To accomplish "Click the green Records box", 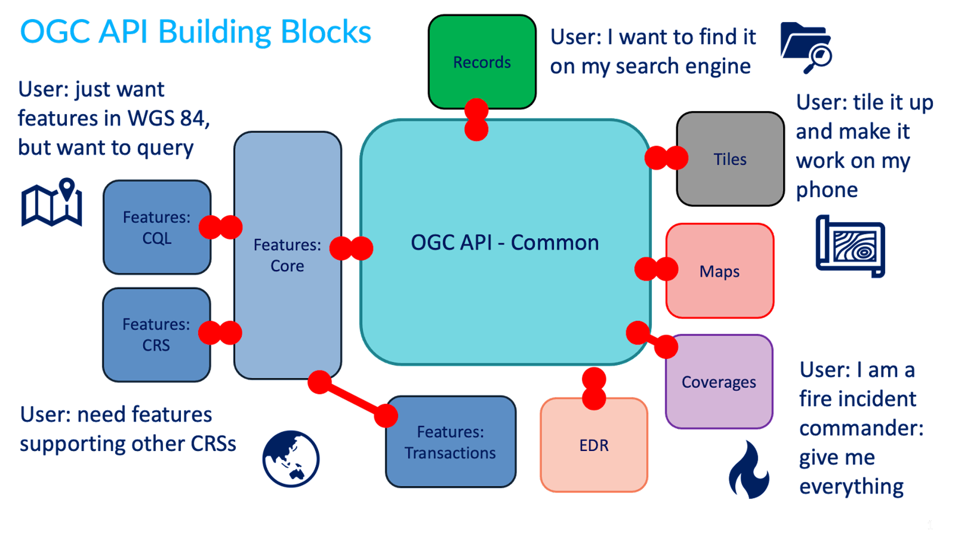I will (481, 62).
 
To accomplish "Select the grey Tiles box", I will (730, 159).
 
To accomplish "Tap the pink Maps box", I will (719, 271).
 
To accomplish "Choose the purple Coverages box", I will (719, 382).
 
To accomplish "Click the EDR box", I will (594, 445).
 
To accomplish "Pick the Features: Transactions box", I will (450, 442).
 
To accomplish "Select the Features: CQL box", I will (156, 227).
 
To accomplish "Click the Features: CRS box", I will (156, 334).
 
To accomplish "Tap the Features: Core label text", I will (287, 255).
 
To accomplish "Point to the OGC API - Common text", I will (504, 242).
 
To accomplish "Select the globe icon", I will (291, 459).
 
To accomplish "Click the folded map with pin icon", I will (51, 203).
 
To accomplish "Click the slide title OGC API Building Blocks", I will (195, 32).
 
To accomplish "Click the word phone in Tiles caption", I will (827, 190).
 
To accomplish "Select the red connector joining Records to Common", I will (476, 119).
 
